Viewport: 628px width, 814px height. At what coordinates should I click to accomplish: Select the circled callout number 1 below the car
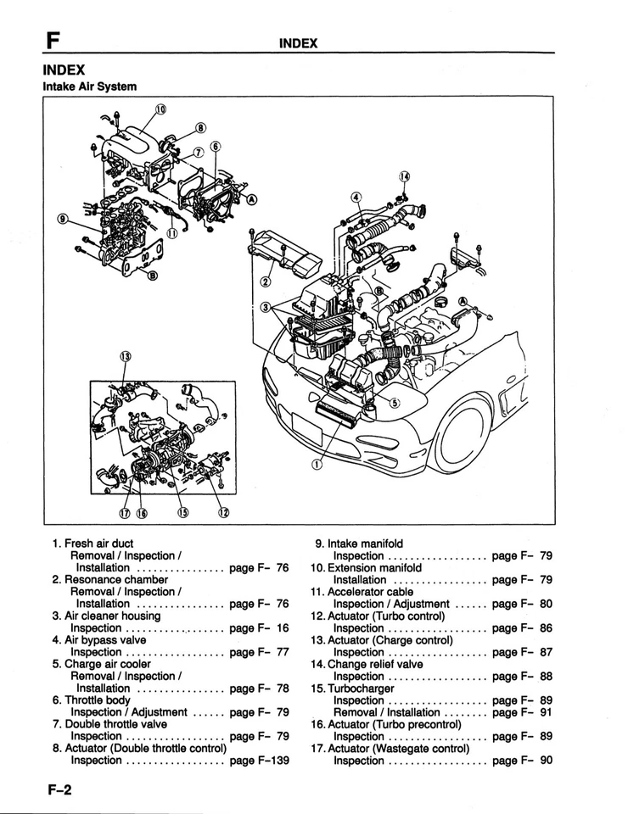[317, 464]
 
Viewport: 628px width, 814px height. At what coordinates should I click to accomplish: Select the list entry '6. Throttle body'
[91, 700]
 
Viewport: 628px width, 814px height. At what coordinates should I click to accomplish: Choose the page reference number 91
[546, 712]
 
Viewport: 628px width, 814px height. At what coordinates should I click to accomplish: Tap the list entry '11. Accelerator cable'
[362, 591]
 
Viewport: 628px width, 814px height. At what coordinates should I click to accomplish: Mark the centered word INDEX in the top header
[298, 42]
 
